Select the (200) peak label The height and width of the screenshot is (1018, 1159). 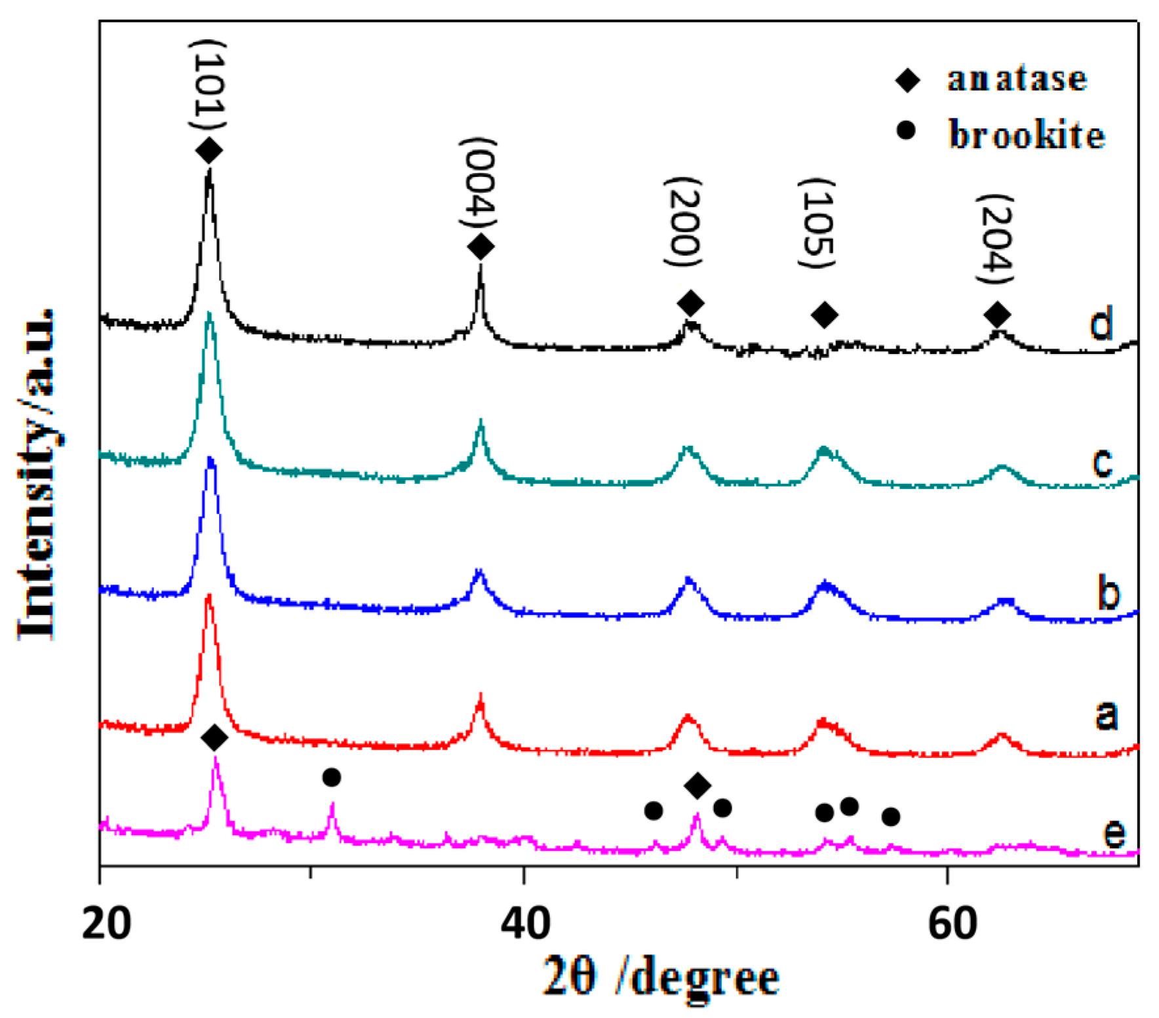684,222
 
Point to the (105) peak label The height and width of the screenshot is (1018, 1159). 817,223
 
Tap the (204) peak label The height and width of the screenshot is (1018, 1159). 995,239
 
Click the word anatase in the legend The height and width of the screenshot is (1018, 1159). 1017,79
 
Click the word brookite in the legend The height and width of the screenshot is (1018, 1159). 1027,135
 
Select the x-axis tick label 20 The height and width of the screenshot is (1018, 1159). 106,923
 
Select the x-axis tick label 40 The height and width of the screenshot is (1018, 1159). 524,923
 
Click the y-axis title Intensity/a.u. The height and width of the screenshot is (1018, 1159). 37,473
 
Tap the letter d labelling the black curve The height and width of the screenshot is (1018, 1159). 1101,323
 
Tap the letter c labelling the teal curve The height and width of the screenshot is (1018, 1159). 1103,461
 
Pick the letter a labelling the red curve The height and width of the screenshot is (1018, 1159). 1106,714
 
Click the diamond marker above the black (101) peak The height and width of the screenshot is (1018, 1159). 209,151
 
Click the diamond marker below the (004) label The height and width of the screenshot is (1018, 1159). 481,247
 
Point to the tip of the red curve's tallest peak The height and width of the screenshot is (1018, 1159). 208,595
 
